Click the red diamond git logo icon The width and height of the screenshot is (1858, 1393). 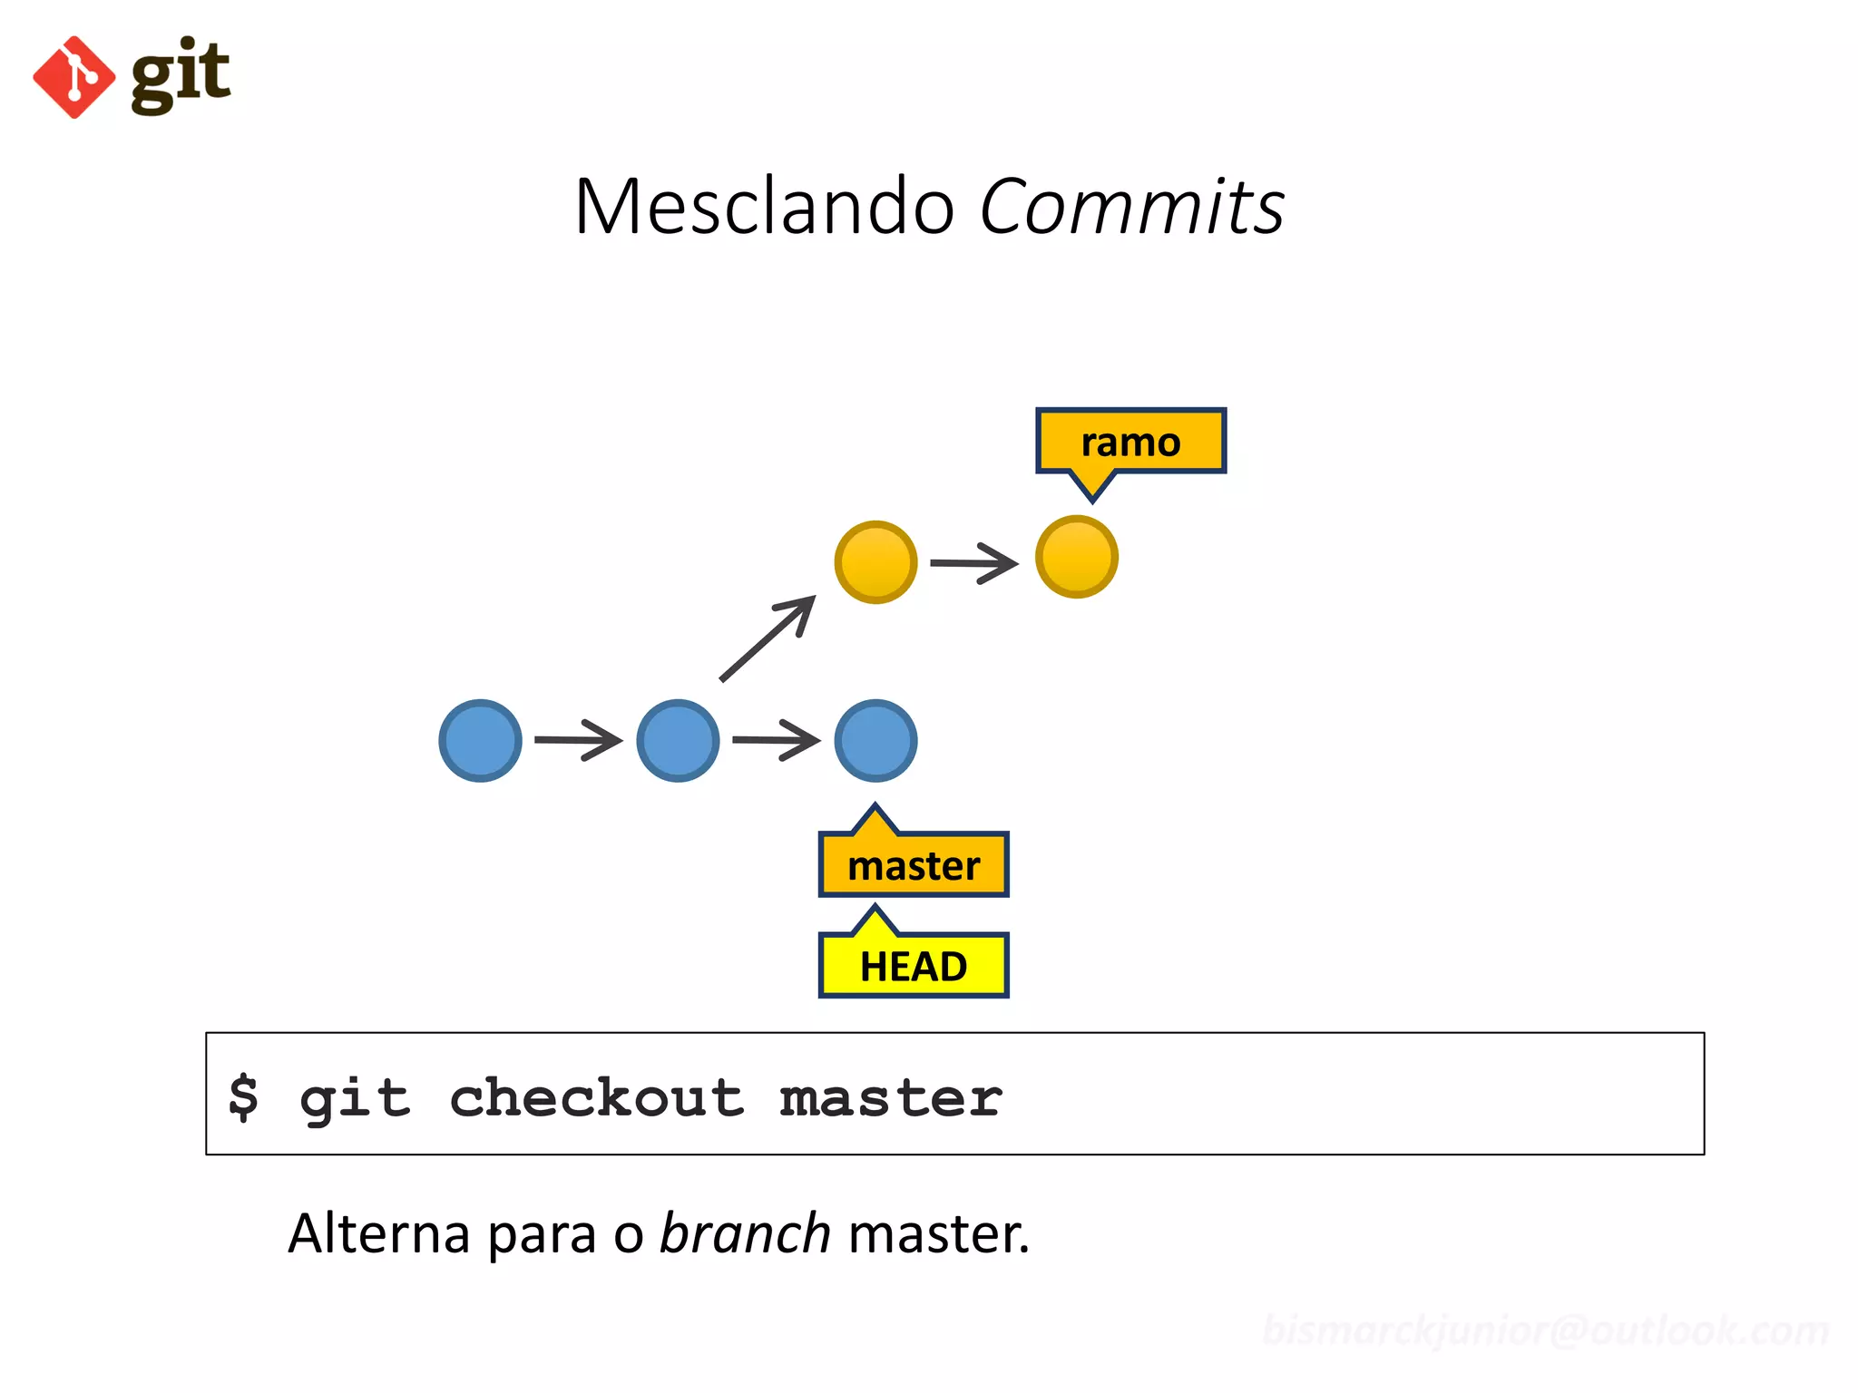(73, 77)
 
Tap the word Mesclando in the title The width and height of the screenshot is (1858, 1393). (764, 207)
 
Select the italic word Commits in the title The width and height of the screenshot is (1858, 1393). (1131, 207)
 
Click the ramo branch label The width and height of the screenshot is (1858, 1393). (1130, 442)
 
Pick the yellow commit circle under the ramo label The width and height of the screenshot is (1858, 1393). (1076, 557)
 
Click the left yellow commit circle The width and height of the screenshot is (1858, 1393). (875, 561)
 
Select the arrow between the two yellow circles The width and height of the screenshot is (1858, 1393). (974, 563)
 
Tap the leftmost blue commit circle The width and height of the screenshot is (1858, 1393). (480, 740)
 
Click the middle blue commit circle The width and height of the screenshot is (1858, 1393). (678, 740)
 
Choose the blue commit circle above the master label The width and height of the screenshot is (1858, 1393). (875, 740)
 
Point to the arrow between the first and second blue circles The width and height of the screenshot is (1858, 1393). (578, 740)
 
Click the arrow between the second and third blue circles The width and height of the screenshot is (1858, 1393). (776, 740)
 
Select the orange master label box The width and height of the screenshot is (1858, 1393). (914, 865)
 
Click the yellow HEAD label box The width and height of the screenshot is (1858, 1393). (914, 966)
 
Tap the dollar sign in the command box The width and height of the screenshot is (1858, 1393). (243, 1097)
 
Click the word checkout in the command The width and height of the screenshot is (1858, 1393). (596, 1097)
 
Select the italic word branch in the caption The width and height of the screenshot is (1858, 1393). (744, 1233)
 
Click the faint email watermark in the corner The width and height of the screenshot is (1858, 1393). (1545, 1330)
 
